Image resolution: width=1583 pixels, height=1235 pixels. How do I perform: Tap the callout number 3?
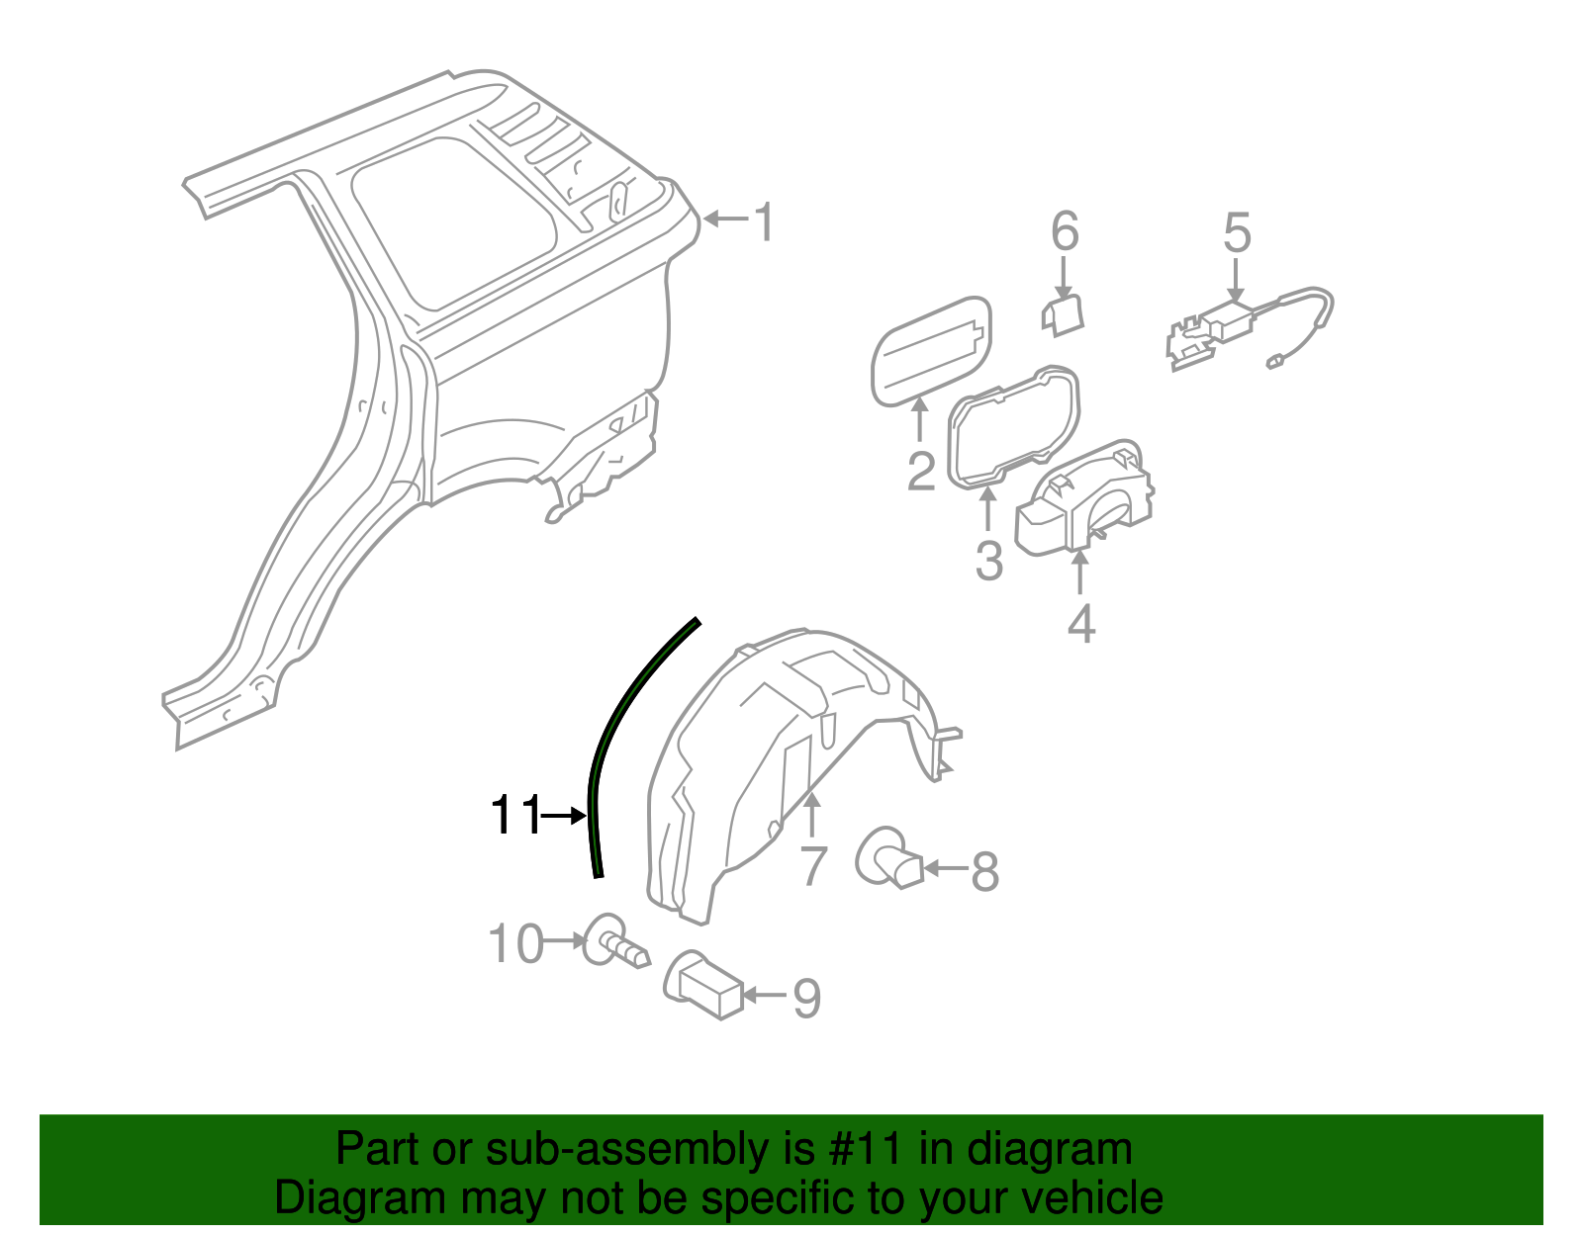point(988,560)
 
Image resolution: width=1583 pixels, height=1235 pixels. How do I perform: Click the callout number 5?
point(1237,233)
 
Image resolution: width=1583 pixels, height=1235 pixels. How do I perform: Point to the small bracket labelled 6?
point(1063,313)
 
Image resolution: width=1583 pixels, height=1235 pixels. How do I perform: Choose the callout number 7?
point(812,865)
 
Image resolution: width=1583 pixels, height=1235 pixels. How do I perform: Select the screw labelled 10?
point(615,941)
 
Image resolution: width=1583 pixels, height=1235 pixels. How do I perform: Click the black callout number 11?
point(515,816)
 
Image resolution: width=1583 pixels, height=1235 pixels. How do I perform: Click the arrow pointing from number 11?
point(565,816)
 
